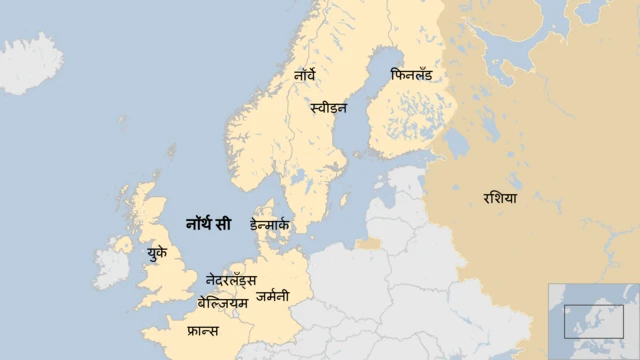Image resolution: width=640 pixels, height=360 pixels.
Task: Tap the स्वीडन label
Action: tap(329, 106)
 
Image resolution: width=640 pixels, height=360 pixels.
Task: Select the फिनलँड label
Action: tap(413, 75)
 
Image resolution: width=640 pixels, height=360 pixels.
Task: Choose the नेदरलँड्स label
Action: tap(231, 280)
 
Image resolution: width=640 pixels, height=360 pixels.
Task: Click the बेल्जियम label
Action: tap(222, 302)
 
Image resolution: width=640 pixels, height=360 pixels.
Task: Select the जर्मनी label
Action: tap(272, 296)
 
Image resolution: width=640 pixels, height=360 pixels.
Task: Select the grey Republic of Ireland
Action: tap(110, 268)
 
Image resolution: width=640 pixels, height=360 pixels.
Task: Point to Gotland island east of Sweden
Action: tap(344, 203)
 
